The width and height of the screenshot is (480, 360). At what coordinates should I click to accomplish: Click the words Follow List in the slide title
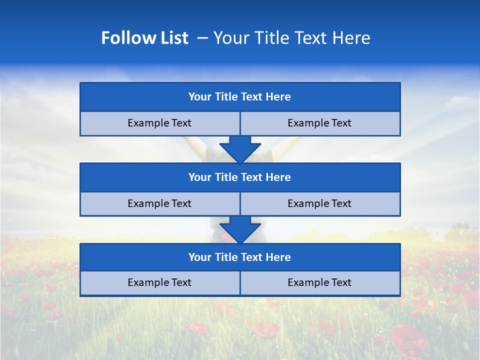(144, 38)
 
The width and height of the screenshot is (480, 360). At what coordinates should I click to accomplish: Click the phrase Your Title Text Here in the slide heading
(291, 38)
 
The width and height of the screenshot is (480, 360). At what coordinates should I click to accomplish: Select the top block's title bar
(240, 97)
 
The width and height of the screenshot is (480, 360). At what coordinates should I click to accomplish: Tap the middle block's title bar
(240, 177)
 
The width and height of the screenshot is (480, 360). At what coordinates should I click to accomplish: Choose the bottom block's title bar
(240, 257)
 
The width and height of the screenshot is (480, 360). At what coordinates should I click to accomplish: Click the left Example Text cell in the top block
(159, 123)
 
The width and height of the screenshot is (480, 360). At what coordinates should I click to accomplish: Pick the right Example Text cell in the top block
(319, 123)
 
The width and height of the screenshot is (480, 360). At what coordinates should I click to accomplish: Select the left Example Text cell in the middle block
(159, 203)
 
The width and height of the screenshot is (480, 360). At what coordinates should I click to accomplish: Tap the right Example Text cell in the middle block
(319, 203)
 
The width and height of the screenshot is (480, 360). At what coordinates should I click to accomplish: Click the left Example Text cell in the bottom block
(159, 282)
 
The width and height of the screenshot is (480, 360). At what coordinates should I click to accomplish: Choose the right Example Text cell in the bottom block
(319, 282)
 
